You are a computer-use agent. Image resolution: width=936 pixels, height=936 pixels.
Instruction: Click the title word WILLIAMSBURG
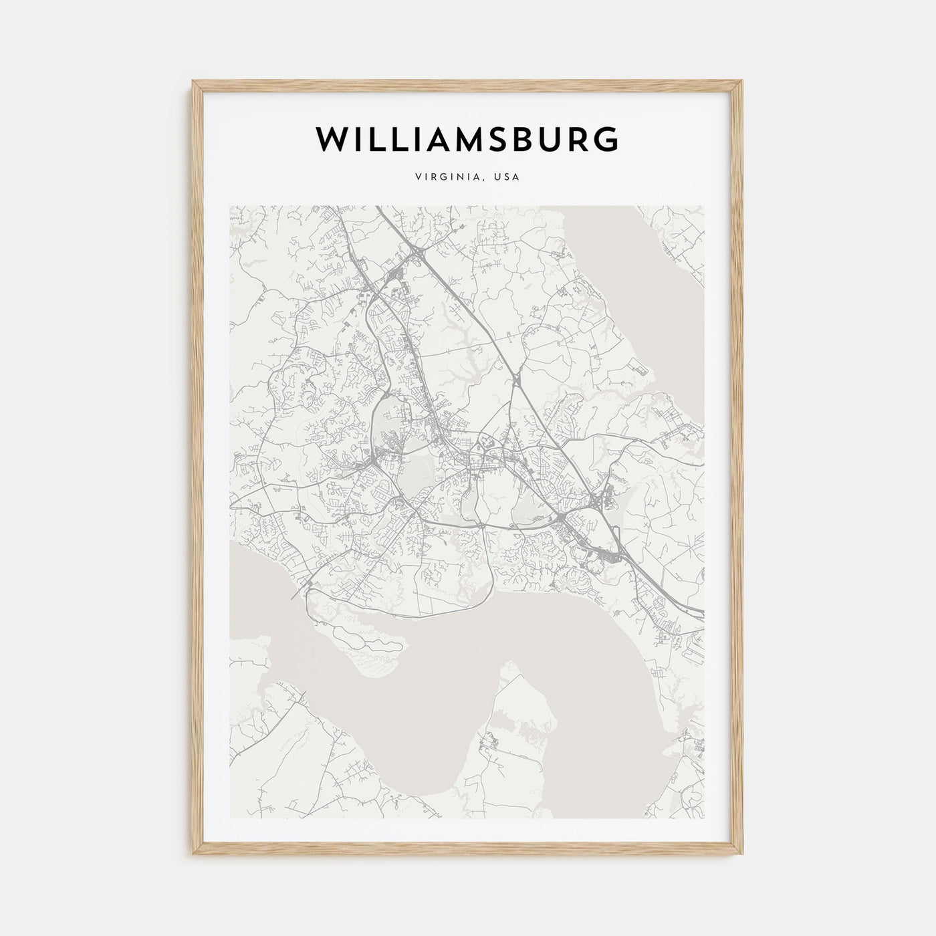[467, 139]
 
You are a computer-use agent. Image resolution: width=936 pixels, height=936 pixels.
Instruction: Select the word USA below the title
[507, 178]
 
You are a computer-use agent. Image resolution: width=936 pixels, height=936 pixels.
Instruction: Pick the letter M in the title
[473, 139]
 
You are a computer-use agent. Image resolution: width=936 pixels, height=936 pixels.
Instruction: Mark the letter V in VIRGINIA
[418, 178]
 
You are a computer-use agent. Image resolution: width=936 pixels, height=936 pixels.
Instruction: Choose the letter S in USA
[507, 178]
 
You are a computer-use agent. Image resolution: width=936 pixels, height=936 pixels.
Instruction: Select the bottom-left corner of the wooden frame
[194, 856]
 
